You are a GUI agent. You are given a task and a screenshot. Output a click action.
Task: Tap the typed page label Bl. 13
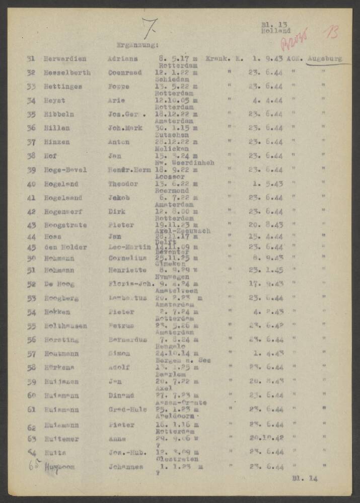274,24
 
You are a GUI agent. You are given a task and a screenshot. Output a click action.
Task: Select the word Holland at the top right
275,31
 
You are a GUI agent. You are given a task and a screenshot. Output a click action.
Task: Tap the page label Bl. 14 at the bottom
305,478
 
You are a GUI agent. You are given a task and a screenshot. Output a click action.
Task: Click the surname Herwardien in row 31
64,58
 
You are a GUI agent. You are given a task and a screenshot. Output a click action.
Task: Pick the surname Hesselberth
66,72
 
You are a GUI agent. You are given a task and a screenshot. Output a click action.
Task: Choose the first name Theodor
121,184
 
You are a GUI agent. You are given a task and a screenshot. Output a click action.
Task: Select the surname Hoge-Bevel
64,170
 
